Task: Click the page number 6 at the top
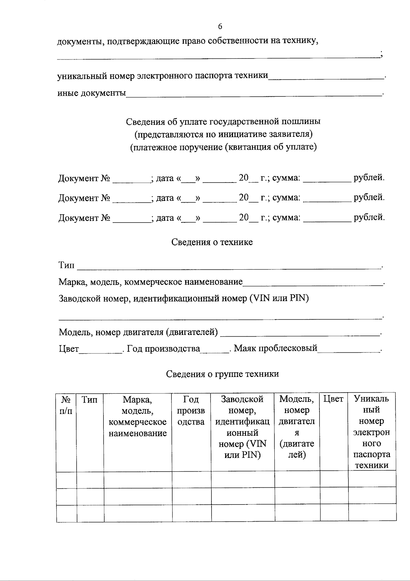pyautogui.click(x=220, y=26)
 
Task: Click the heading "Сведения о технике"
pyautogui.click(x=212, y=242)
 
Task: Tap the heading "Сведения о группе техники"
pyautogui.click(x=222, y=374)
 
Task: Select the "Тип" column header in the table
pyautogui.click(x=90, y=400)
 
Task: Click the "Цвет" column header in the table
pyautogui.click(x=333, y=399)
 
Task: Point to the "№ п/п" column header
pyautogui.click(x=66, y=405)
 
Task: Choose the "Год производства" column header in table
pyautogui.click(x=191, y=410)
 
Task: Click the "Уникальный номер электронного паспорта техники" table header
pyautogui.click(x=372, y=432)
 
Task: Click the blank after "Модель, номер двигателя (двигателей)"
pyautogui.click(x=300, y=333)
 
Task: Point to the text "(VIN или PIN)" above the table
pyautogui.click(x=279, y=298)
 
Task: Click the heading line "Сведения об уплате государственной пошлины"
pyautogui.click(x=223, y=121)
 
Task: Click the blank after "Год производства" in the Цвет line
pyautogui.click(x=215, y=349)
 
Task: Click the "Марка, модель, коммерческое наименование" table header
pyautogui.click(x=137, y=416)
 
